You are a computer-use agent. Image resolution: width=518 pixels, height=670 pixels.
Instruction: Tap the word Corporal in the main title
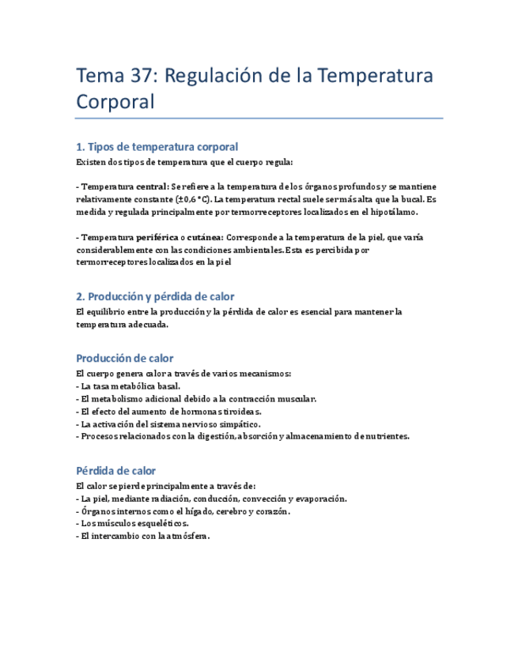click(x=113, y=103)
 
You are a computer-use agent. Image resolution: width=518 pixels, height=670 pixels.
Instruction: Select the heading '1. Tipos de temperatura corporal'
click(x=157, y=147)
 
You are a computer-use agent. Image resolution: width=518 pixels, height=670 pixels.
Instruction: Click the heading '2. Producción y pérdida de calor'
click(x=155, y=296)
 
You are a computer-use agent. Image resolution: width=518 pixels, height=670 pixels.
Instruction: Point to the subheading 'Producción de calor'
click(x=124, y=358)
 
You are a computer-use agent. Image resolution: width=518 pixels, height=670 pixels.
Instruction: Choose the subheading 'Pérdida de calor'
click(x=115, y=470)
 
